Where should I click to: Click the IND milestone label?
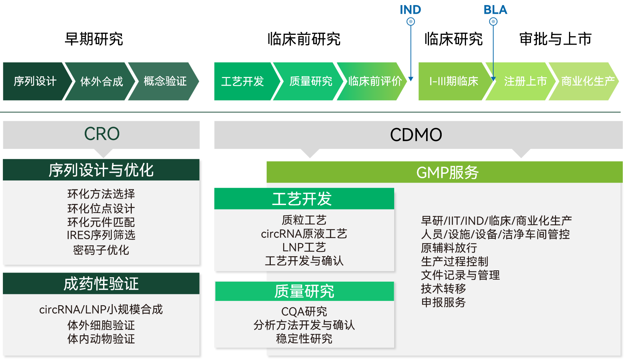click(x=410, y=10)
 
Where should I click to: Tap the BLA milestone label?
click(x=495, y=10)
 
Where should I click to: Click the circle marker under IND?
click(x=410, y=22)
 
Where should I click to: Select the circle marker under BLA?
click(x=493, y=22)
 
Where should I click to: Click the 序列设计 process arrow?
click(x=35, y=81)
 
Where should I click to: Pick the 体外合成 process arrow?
click(x=102, y=81)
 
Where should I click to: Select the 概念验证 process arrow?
click(x=165, y=81)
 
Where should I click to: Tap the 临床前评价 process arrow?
click(x=375, y=81)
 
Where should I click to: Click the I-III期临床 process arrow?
click(x=454, y=81)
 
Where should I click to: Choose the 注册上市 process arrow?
click(x=525, y=81)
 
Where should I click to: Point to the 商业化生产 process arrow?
click(x=588, y=81)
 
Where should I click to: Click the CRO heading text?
click(x=102, y=134)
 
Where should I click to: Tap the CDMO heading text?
click(x=416, y=135)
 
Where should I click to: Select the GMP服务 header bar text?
click(x=447, y=172)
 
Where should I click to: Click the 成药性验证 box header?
click(x=101, y=284)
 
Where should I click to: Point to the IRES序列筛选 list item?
click(x=101, y=235)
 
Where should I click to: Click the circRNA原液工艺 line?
click(x=304, y=234)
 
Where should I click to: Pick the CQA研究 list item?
click(x=304, y=311)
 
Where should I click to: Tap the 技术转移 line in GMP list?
click(x=444, y=289)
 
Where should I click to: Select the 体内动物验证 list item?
click(x=101, y=339)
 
